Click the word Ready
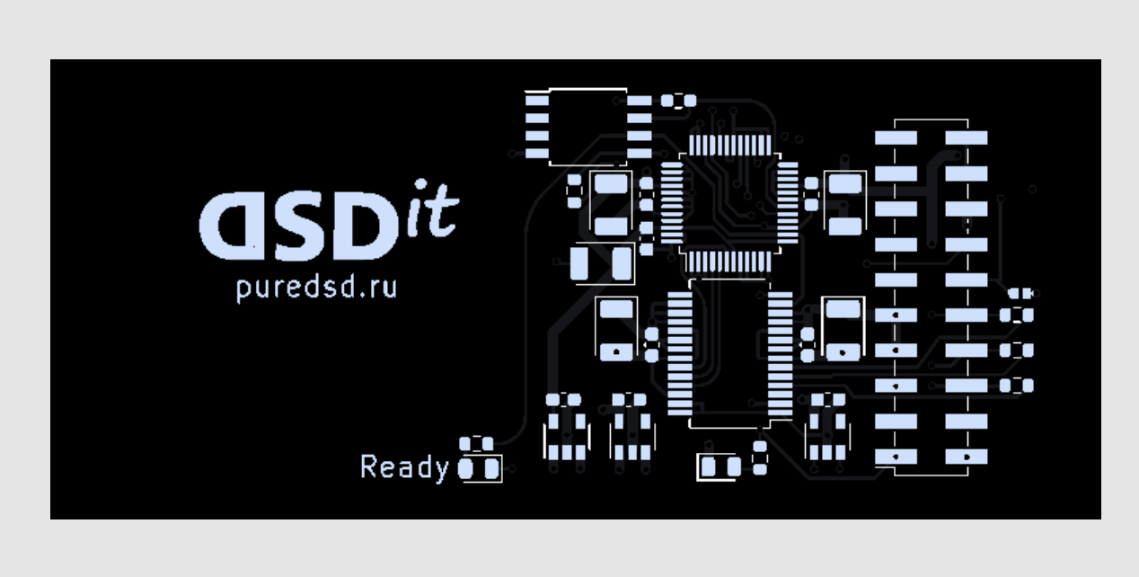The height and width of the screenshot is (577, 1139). click(405, 467)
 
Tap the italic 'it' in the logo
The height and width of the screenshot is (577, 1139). click(433, 209)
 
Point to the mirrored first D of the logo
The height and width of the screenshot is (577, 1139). click(233, 226)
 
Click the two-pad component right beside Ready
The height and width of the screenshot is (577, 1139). click(479, 468)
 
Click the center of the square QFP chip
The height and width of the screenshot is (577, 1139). click(729, 203)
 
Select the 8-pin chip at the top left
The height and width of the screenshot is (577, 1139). click(588, 127)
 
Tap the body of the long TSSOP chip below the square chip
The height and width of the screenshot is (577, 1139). click(729, 353)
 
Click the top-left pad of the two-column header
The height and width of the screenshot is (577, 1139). click(896, 138)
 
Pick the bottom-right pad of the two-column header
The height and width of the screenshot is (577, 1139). click(967, 457)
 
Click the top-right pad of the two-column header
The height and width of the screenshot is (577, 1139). click(967, 138)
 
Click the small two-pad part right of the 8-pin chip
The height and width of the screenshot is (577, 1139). click(678, 101)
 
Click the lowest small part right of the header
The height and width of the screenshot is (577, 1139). click(1017, 386)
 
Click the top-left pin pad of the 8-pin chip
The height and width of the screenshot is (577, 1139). click(537, 101)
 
